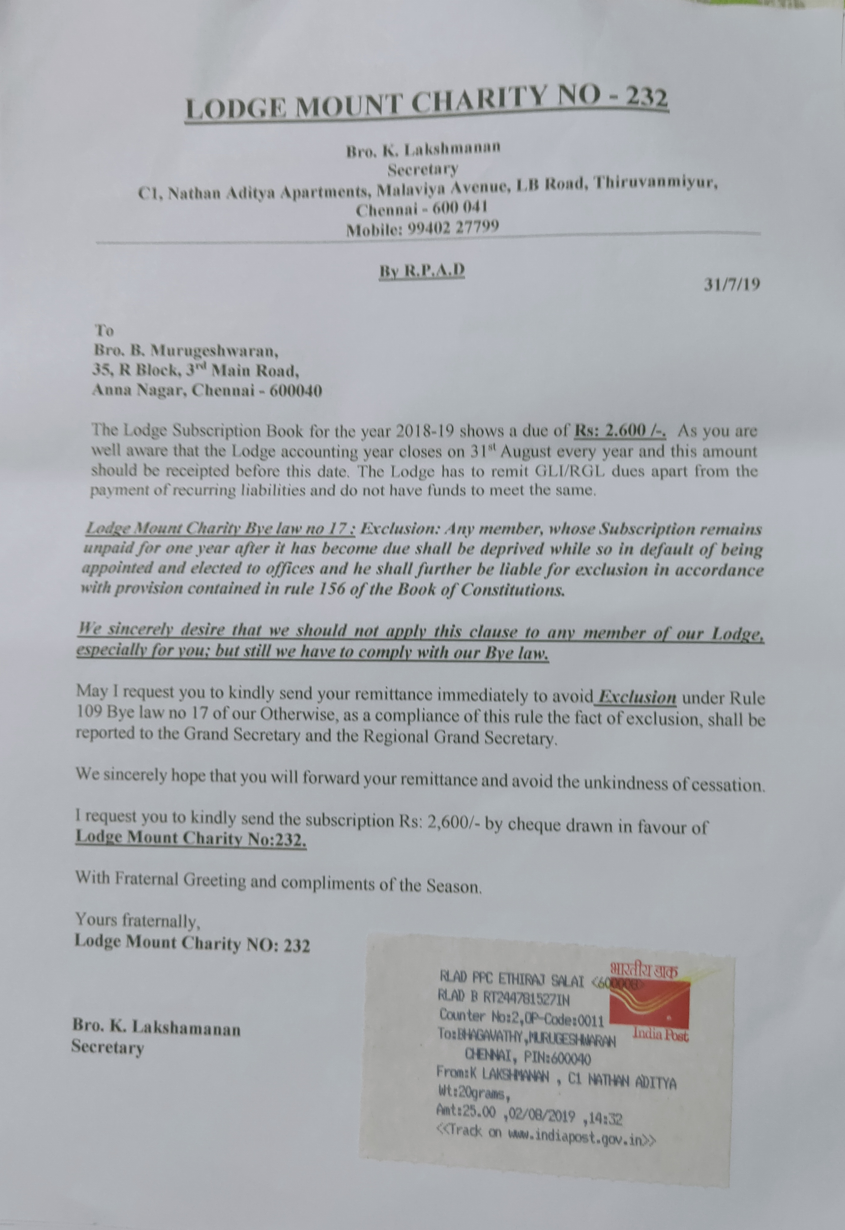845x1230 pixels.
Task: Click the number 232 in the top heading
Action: (x=647, y=97)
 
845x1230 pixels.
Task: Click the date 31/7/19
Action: (x=732, y=285)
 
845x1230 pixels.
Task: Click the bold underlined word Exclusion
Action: (x=636, y=697)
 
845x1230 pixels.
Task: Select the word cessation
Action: (x=728, y=784)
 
